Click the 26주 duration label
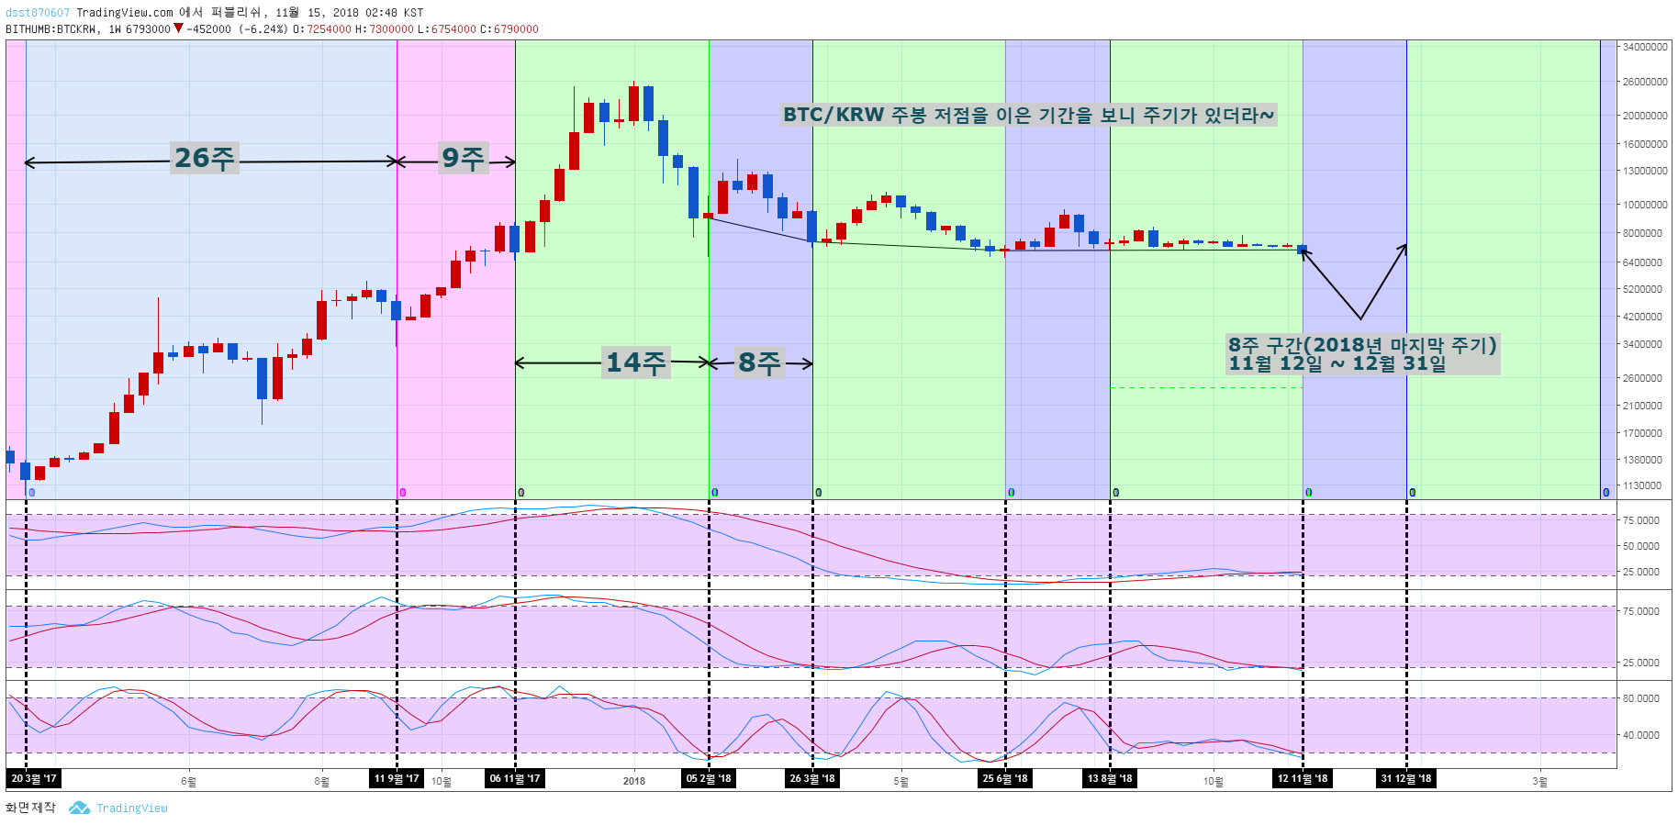click(x=205, y=158)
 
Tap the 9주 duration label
click(x=463, y=158)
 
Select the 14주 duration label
click(x=635, y=362)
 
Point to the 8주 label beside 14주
click(x=759, y=362)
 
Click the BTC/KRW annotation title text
click(x=1028, y=115)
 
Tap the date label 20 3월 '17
click(x=34, y=779)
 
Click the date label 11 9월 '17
click(x=397, y=779)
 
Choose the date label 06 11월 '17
click(x=515, y=779)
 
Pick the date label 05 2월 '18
click(x=709, y=779)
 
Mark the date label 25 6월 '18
click(x=1005, y=779)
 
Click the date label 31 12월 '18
click(x=1406, y=779)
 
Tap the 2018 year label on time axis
click(x=634, y=782)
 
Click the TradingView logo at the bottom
click(x=119, y=808)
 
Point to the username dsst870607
click(x=38, y=13)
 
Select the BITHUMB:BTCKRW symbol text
click(x=51, y=29)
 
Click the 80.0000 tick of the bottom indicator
click(x=1640, y=698)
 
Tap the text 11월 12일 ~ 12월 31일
click(x=1337, y=363)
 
